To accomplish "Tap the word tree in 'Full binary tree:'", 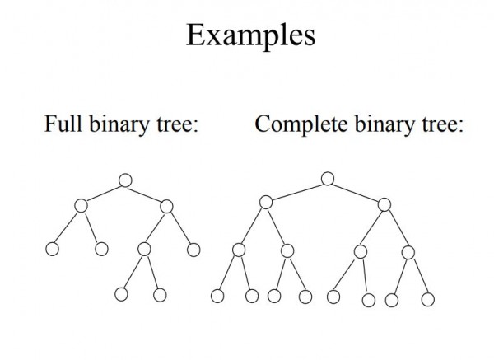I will (x=175, y=125).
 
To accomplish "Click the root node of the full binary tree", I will (x=124, y=180).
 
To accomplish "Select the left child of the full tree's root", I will (x=80, y=206).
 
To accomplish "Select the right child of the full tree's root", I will (x=167, y=206).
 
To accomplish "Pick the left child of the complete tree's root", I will (x=265, y=202).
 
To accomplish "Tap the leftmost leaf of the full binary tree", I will (x=54, y=249).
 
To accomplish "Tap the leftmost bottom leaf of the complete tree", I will (x=217, y=296).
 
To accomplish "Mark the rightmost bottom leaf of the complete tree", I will (x=427, y=298).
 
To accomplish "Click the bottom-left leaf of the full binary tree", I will (x=121, y=294).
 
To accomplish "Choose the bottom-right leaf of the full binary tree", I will (x=160, y=294).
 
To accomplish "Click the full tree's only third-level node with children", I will (x=144, y=248).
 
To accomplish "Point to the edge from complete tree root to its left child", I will (x=296, y=189).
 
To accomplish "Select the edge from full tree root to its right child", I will (x=146, y=193).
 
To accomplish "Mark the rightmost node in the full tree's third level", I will (x=193, y=250).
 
